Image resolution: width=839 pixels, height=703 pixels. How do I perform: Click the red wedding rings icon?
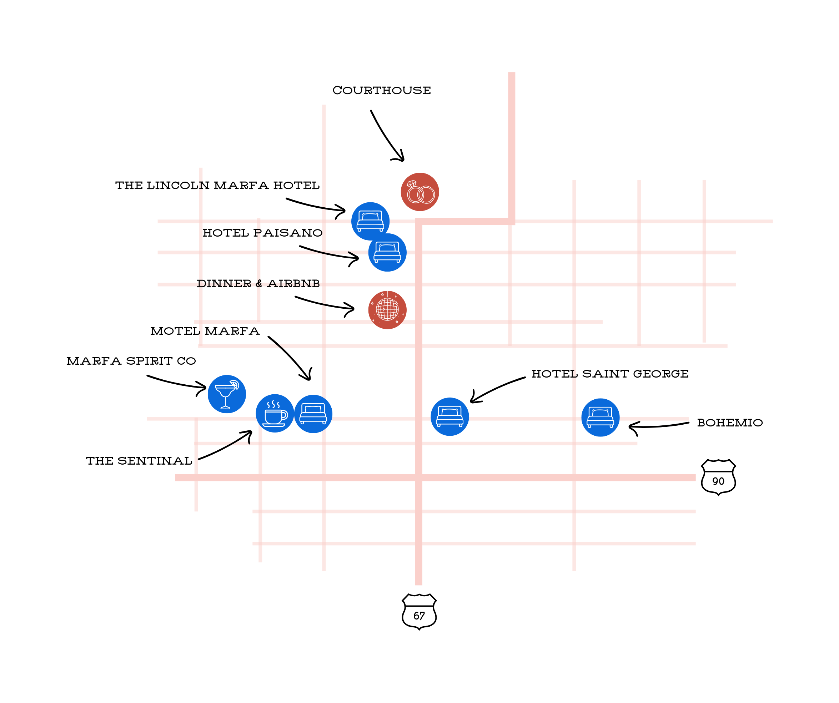419,192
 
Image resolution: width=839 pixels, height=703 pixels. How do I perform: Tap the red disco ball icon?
387,310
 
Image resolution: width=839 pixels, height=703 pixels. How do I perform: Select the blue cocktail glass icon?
226,394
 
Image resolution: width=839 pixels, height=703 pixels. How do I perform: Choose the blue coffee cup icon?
275,413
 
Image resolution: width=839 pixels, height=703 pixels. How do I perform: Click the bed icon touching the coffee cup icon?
313,414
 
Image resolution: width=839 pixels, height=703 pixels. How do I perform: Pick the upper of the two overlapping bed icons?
370,221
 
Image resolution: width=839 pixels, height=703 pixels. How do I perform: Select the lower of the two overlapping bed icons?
387,252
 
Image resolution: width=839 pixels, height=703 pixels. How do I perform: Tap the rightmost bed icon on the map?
600,418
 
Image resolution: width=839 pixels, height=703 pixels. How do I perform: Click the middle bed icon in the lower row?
449,416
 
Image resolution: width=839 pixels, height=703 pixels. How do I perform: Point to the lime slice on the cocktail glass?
235,385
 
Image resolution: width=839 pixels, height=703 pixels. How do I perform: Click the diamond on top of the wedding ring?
412,184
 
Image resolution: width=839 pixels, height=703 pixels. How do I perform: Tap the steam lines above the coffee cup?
273,404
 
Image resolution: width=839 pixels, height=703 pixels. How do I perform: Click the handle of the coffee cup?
285,415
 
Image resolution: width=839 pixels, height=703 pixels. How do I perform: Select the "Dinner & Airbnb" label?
259,284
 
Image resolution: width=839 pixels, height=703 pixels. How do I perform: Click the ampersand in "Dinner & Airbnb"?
259,284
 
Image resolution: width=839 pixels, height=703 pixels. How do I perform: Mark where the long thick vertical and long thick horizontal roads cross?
419,477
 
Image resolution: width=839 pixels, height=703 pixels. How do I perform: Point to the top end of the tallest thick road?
512,74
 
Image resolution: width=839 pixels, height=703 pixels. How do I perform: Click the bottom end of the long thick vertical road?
419,584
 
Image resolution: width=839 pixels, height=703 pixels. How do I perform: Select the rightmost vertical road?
704,260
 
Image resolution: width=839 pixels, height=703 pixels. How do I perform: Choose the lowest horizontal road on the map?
474,543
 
